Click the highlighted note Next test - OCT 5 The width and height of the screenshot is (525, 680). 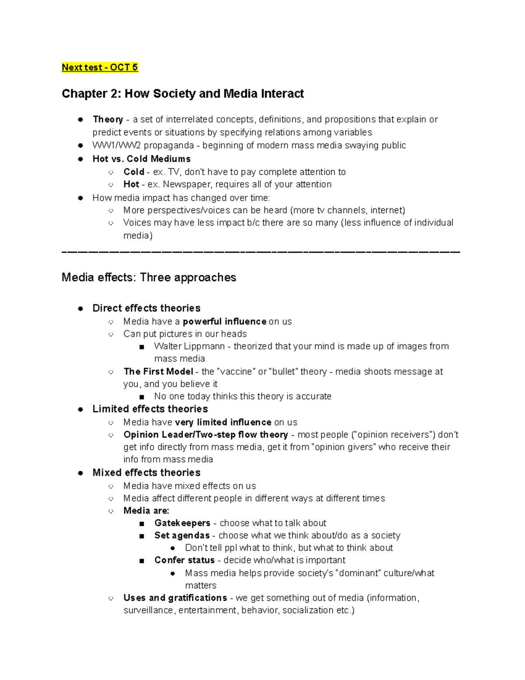pos(100,67)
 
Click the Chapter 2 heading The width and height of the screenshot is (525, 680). pos(182,94)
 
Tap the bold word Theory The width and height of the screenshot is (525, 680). pos(108,120)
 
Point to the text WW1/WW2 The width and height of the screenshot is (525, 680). pos(116,145)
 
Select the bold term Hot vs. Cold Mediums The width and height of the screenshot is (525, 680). pos(141,159)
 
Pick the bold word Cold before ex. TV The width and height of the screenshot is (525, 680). pos(134,172)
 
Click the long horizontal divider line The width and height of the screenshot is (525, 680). pos(261,252)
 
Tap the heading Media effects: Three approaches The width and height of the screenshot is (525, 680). pos(149,278)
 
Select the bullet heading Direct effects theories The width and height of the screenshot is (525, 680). pos(146,308)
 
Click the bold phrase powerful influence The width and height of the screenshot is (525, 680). pos(224,322)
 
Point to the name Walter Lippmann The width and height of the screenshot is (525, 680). pos(189,346)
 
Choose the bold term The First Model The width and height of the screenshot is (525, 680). pos(158,372)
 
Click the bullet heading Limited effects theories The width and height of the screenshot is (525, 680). pos(150,409)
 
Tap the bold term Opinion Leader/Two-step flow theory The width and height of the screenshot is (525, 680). pos(206,435)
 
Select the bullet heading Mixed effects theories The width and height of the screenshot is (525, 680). pos(146,473)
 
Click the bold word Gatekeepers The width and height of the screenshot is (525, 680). pos(182,523)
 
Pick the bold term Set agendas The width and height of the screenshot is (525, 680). pos(182,536)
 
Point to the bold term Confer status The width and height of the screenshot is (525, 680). pos(184,560)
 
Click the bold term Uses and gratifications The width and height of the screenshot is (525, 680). pos(175,598)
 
